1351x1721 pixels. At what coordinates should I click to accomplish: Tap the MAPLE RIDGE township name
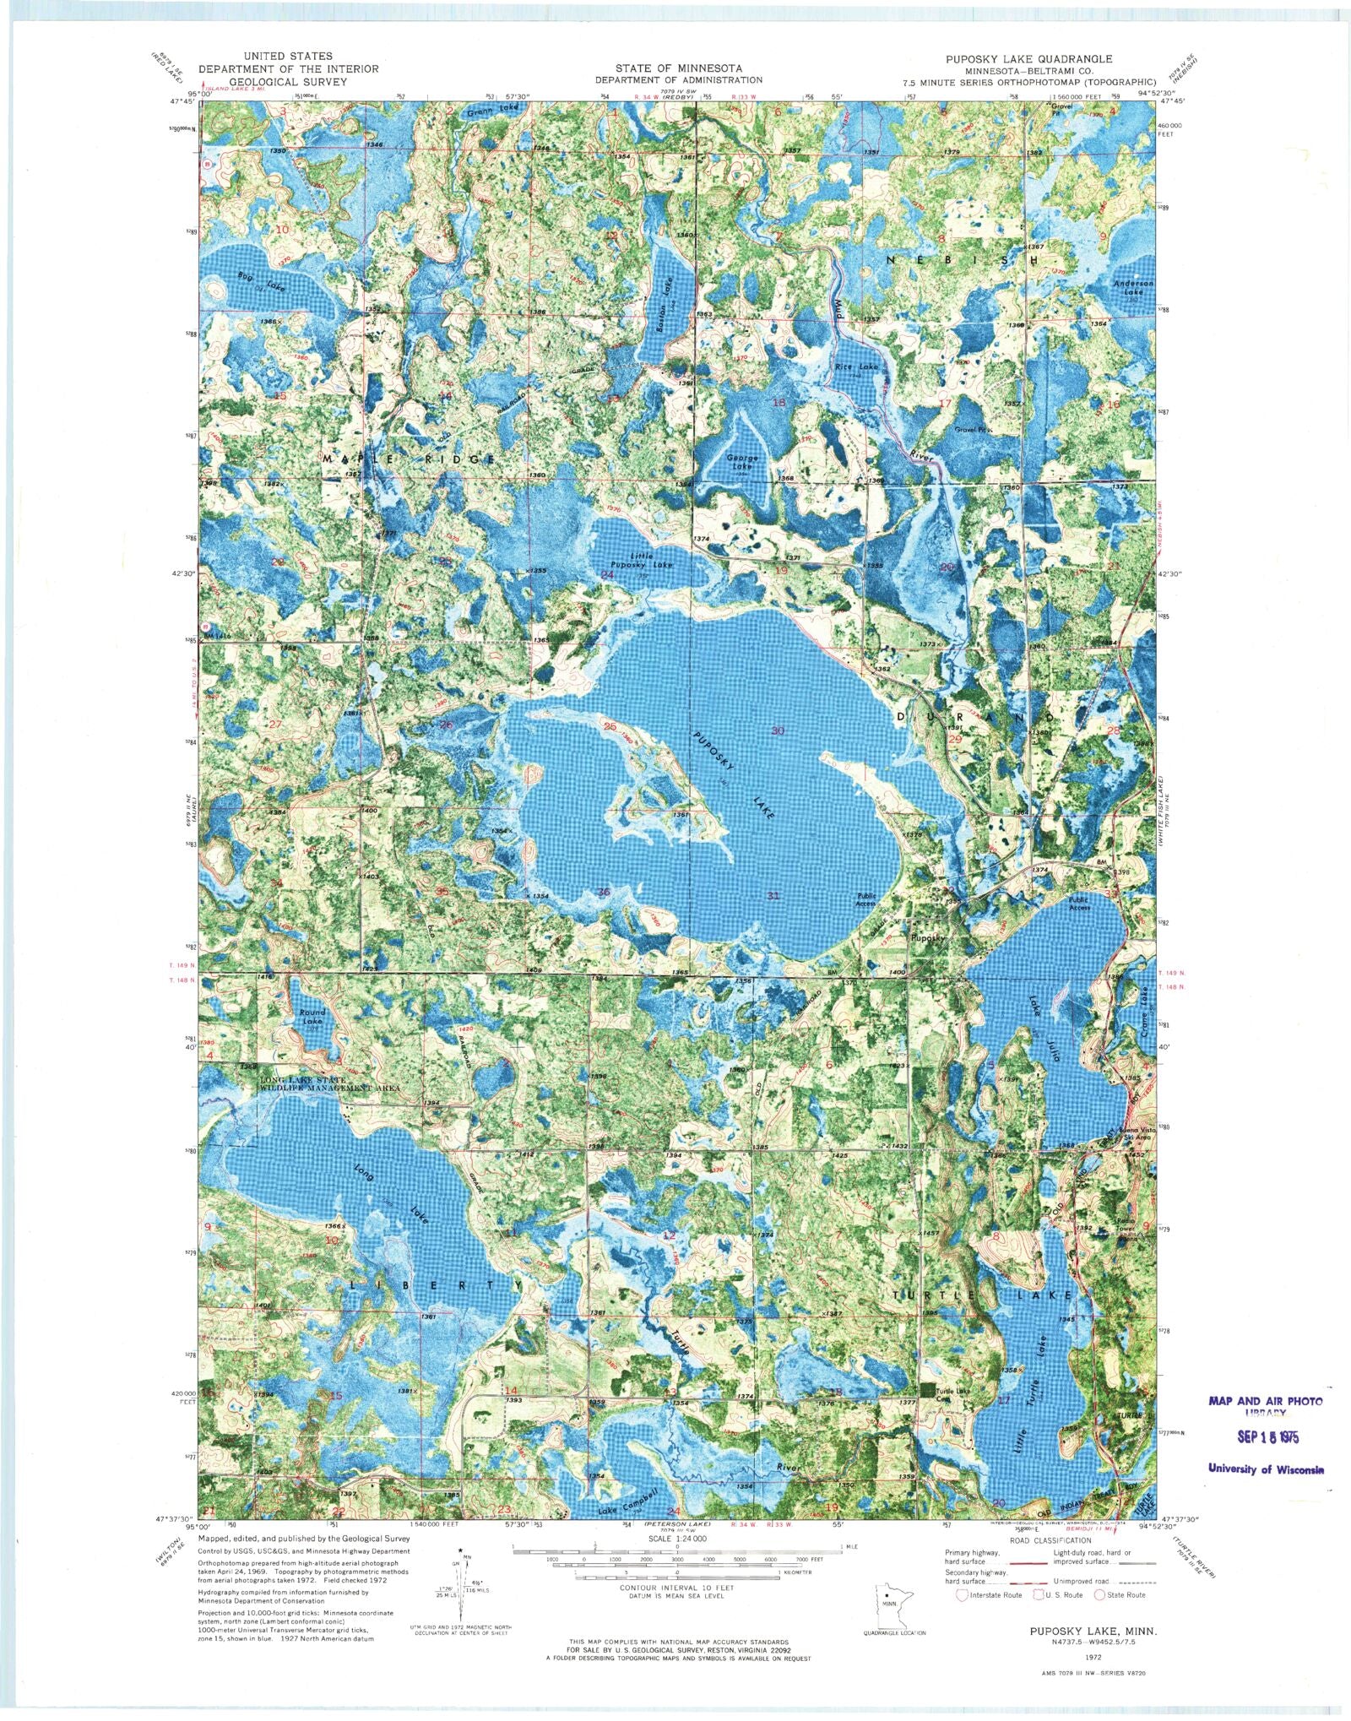(409, 459)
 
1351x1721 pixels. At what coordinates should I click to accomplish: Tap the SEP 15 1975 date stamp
(1263, 1436)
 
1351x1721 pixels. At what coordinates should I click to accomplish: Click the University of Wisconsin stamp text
(1266, 1469)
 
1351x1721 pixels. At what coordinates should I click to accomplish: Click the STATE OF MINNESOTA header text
(678, 68)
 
